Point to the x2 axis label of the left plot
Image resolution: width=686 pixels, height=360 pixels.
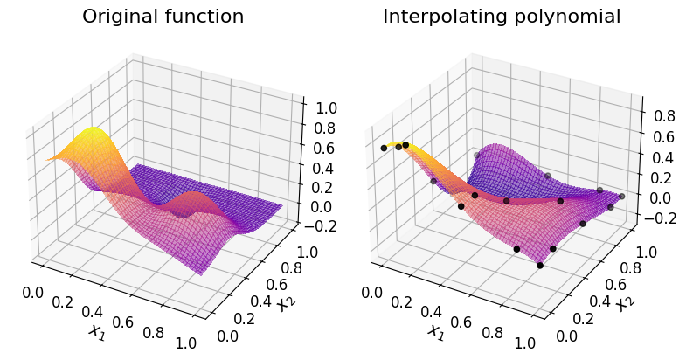284,305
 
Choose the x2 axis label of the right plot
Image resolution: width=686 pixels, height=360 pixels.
623,305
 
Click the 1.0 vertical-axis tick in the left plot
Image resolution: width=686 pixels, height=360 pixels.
316,108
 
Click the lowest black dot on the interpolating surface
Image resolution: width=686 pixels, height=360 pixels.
540,265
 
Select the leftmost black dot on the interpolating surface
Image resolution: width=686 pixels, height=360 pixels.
384,149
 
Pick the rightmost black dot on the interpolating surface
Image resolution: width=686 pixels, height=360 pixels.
621,196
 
